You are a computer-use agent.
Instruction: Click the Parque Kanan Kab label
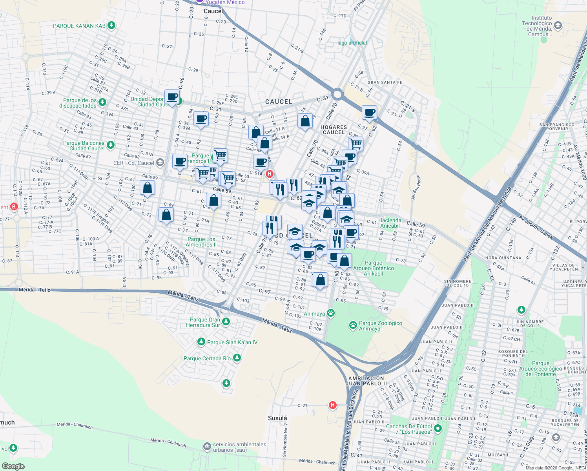(79, 26)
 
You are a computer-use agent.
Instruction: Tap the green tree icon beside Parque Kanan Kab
(112, 26)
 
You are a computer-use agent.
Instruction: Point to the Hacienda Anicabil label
(390, 223)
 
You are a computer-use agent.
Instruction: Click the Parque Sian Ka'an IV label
(232, 342)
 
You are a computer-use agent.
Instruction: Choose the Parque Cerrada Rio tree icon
(237, 358)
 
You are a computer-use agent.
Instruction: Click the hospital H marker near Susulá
(333, 405)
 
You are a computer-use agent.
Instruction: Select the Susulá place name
(277, 418)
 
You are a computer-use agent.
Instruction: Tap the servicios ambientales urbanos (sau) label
(239, 447)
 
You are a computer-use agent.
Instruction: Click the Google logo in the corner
(13, 466)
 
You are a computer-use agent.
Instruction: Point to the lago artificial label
(352, 43)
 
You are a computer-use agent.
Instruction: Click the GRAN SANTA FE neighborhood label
(385, 82)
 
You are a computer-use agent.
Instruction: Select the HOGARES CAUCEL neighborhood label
(334, 130)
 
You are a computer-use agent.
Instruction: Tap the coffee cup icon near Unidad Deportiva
(172, 97)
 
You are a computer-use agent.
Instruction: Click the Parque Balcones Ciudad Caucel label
(84, 146)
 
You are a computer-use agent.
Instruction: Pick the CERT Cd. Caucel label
(134, 163)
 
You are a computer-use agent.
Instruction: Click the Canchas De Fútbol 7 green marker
(438, 429)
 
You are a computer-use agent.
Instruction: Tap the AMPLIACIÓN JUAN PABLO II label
(367, 381)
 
